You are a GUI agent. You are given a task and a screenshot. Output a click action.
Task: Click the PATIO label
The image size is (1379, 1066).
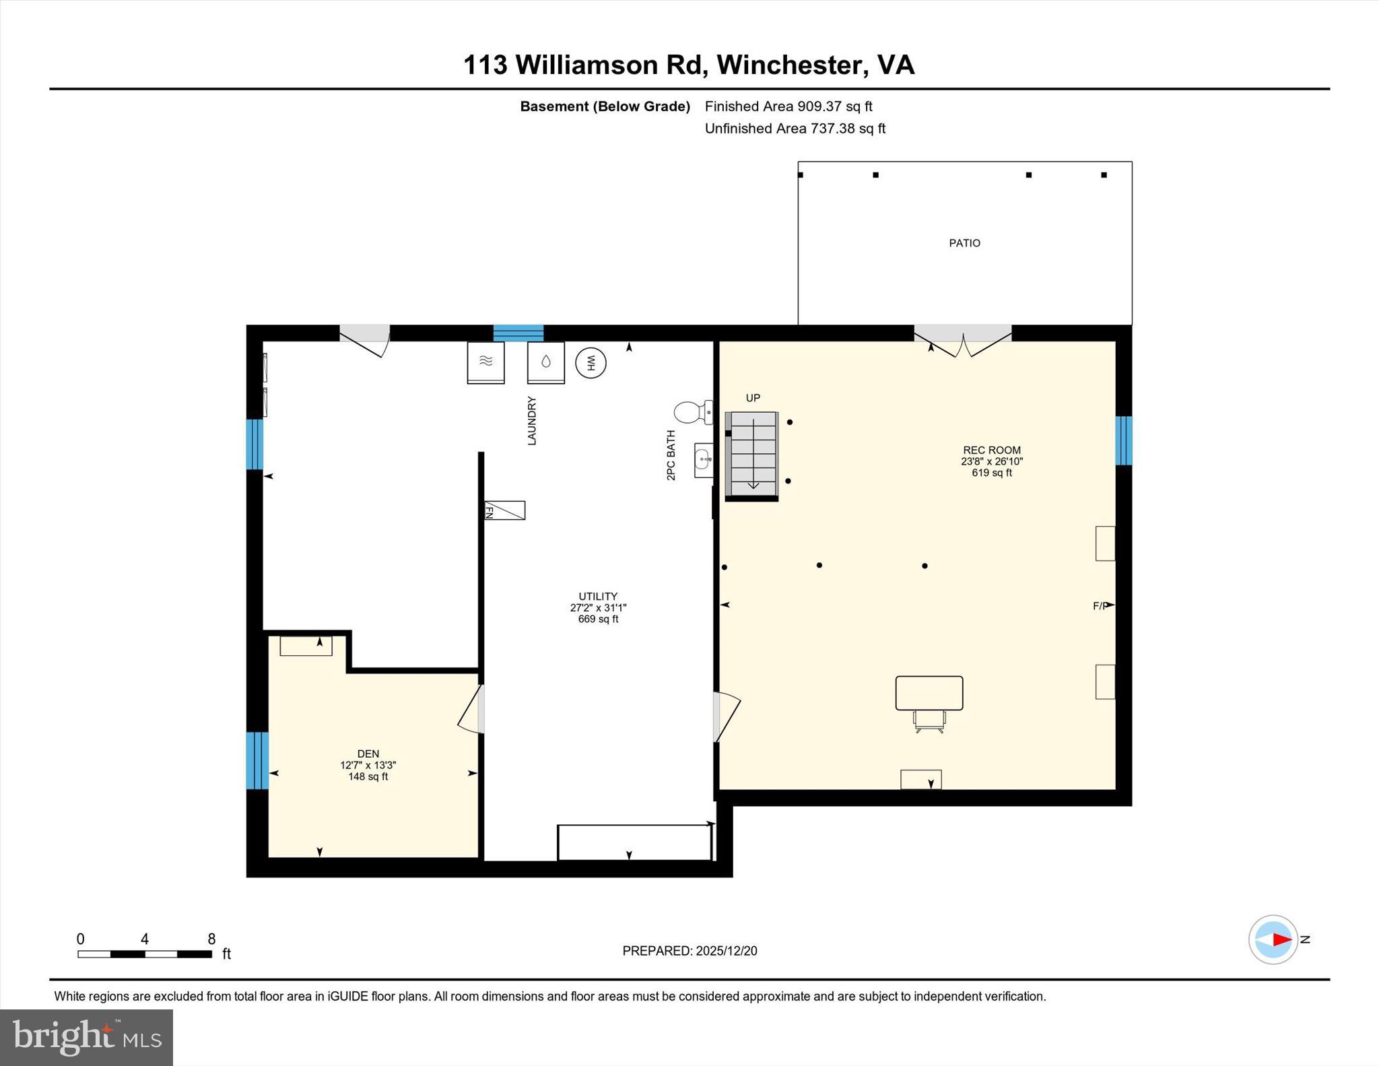[x=964, y=243]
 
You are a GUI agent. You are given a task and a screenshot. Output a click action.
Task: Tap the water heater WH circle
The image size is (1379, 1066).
[x=591, y=363]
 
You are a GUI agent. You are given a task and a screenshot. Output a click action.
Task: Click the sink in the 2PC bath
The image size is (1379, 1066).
[x=704, y=461]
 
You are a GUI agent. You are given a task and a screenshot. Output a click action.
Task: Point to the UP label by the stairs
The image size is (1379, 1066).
[x=753, y=398]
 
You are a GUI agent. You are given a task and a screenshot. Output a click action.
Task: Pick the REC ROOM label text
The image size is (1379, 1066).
[x=991, y=451]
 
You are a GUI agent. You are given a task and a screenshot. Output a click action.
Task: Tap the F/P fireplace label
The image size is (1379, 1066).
[x=1101, y=606]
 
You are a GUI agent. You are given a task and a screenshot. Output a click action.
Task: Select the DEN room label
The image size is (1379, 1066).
[x=368, y=754]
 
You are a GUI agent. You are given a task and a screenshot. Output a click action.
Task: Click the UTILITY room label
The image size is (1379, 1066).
[x=598, y=597]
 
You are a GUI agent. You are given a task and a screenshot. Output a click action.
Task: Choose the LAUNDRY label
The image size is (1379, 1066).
[x=532, y=421]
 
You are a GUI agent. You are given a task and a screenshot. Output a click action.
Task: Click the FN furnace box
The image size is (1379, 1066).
[x=505, y=510]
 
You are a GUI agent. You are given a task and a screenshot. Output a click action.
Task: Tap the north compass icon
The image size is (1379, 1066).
[x=1273, y=939]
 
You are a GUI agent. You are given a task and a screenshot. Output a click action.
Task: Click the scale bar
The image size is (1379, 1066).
[x=145, y=954]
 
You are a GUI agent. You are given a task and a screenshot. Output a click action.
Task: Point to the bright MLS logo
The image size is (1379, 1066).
[x=86, y=1037]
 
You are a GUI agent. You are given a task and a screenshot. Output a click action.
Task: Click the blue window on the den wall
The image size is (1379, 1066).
[x=257, y=760]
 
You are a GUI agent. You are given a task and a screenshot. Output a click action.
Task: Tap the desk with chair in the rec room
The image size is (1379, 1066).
[x=929, y=700]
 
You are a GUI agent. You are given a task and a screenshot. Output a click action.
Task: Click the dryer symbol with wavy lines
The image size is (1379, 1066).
[x=485, y=362]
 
